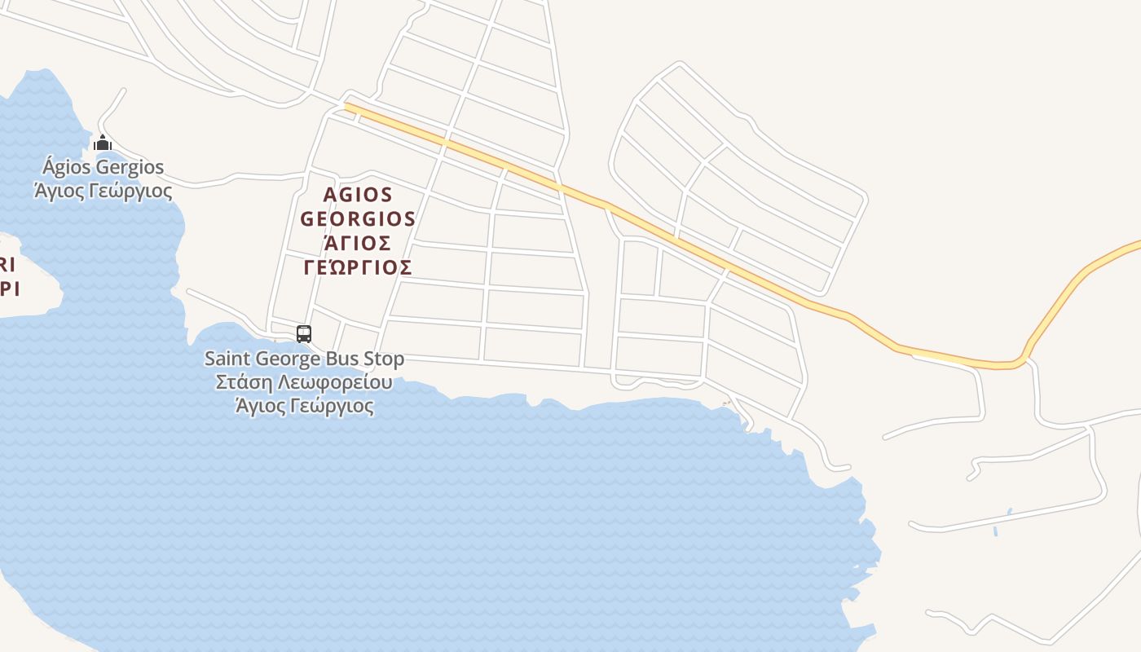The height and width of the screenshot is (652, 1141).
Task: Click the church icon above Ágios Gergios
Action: tap(103, 143)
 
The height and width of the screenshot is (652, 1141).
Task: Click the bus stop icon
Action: tap(304, 333)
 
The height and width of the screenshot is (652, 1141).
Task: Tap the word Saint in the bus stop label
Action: tap(227, 359)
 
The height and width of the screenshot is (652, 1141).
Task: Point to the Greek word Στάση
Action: tap(242, 382)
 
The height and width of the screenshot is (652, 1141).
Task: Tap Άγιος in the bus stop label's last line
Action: tap(258, 406)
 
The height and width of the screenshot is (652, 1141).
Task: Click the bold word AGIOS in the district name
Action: tap(358, 196)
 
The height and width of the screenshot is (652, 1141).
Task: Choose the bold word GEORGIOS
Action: tap(358, 219)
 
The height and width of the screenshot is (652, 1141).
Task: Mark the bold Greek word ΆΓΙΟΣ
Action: tap(358, 243)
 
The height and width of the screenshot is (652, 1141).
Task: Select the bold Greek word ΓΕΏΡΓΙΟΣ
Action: tap(358, 267)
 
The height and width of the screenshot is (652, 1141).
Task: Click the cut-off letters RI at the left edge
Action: tap(7, 265)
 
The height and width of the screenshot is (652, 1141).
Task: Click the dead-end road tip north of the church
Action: tap(124, 90)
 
